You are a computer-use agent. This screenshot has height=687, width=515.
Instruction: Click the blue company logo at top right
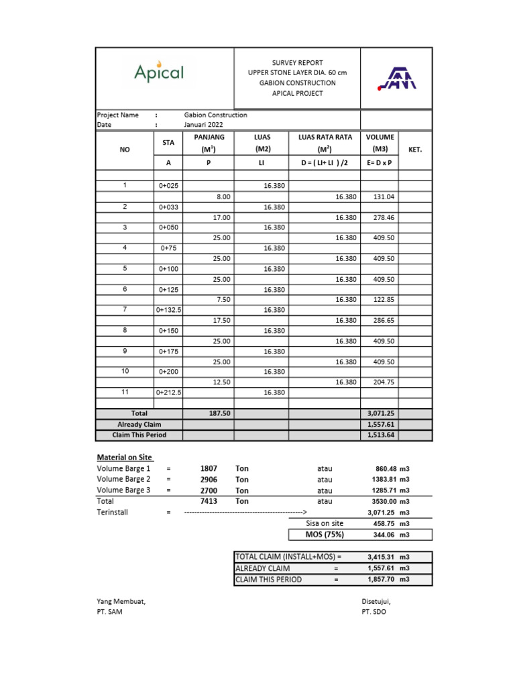pos(396,78)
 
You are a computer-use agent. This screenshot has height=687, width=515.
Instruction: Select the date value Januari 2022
pos(204,125)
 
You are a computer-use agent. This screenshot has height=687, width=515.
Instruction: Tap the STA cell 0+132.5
pos(169,310)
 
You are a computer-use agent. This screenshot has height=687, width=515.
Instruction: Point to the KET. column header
pos(414,150)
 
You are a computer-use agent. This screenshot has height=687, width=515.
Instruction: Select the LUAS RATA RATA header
pos(325,138)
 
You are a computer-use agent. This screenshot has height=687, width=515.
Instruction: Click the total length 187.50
pos(220,414)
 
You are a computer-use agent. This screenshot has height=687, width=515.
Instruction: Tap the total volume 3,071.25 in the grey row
pos(379,414)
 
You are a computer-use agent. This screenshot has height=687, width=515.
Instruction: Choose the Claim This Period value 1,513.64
pos(379,435)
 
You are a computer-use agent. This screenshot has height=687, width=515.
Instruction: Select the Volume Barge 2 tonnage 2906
pos(209,480)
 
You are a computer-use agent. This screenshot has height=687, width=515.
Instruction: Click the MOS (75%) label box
pos(325,535)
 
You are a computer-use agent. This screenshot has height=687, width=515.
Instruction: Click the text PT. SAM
pos(110,612)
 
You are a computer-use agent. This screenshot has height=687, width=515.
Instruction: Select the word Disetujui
pos(376,601)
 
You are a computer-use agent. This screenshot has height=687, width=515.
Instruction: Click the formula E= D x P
pos(380,162)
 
